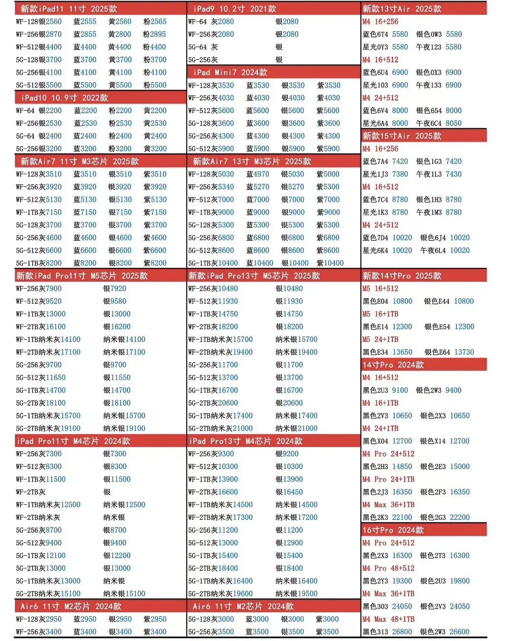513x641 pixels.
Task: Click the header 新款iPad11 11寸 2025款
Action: [69, 9]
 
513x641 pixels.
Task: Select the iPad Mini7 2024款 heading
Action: [230, 73]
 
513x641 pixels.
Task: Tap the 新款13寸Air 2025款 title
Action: [402, 9]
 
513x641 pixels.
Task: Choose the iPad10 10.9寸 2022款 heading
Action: [65, 98]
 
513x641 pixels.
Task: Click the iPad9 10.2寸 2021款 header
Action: [235, 9]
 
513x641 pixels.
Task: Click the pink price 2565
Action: [159, 22]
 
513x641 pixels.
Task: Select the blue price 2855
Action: [88, 35]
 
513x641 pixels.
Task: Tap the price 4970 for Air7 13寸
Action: [261, 174]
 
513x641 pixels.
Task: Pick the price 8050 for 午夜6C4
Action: [454, 123]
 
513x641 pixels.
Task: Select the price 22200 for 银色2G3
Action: [460, 518]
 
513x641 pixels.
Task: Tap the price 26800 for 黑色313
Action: [402, 632]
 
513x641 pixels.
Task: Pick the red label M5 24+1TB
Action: [380, 339]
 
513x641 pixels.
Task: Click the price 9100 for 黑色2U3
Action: [400, 390]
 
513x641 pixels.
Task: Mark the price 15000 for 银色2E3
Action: [460, 467]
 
